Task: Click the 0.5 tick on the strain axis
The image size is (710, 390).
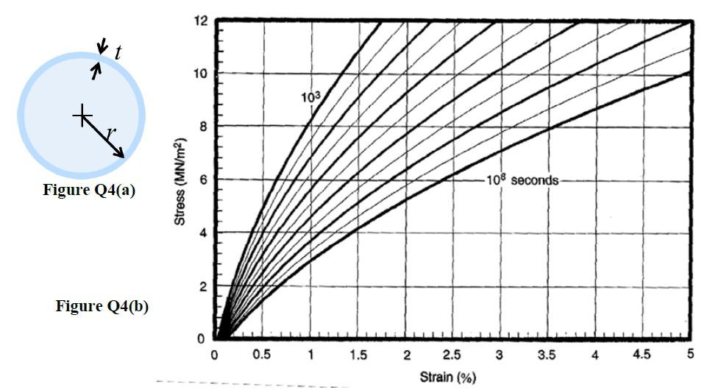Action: click(262, 355)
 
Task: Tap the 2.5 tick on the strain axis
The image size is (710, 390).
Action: click(452, 355)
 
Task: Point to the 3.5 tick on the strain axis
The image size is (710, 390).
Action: click(547, 355)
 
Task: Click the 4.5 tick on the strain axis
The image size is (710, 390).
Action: click(642, 355)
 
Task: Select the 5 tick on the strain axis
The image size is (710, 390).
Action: click(690, 355)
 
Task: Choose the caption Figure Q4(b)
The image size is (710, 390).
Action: click(102, 307)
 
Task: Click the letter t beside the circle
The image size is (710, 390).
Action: click(118, 52)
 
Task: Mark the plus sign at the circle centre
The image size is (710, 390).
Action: click(82, 115)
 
